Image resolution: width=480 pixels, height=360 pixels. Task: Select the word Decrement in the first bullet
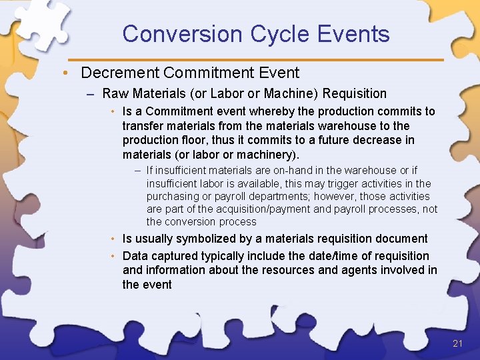coord(120,73)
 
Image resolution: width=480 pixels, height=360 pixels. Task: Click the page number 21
coord(457,343)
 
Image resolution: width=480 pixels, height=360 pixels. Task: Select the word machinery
coord(262,155)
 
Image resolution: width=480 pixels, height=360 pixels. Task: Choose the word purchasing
coord(173,196)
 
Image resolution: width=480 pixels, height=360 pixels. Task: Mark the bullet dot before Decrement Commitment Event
coord(71,73)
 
